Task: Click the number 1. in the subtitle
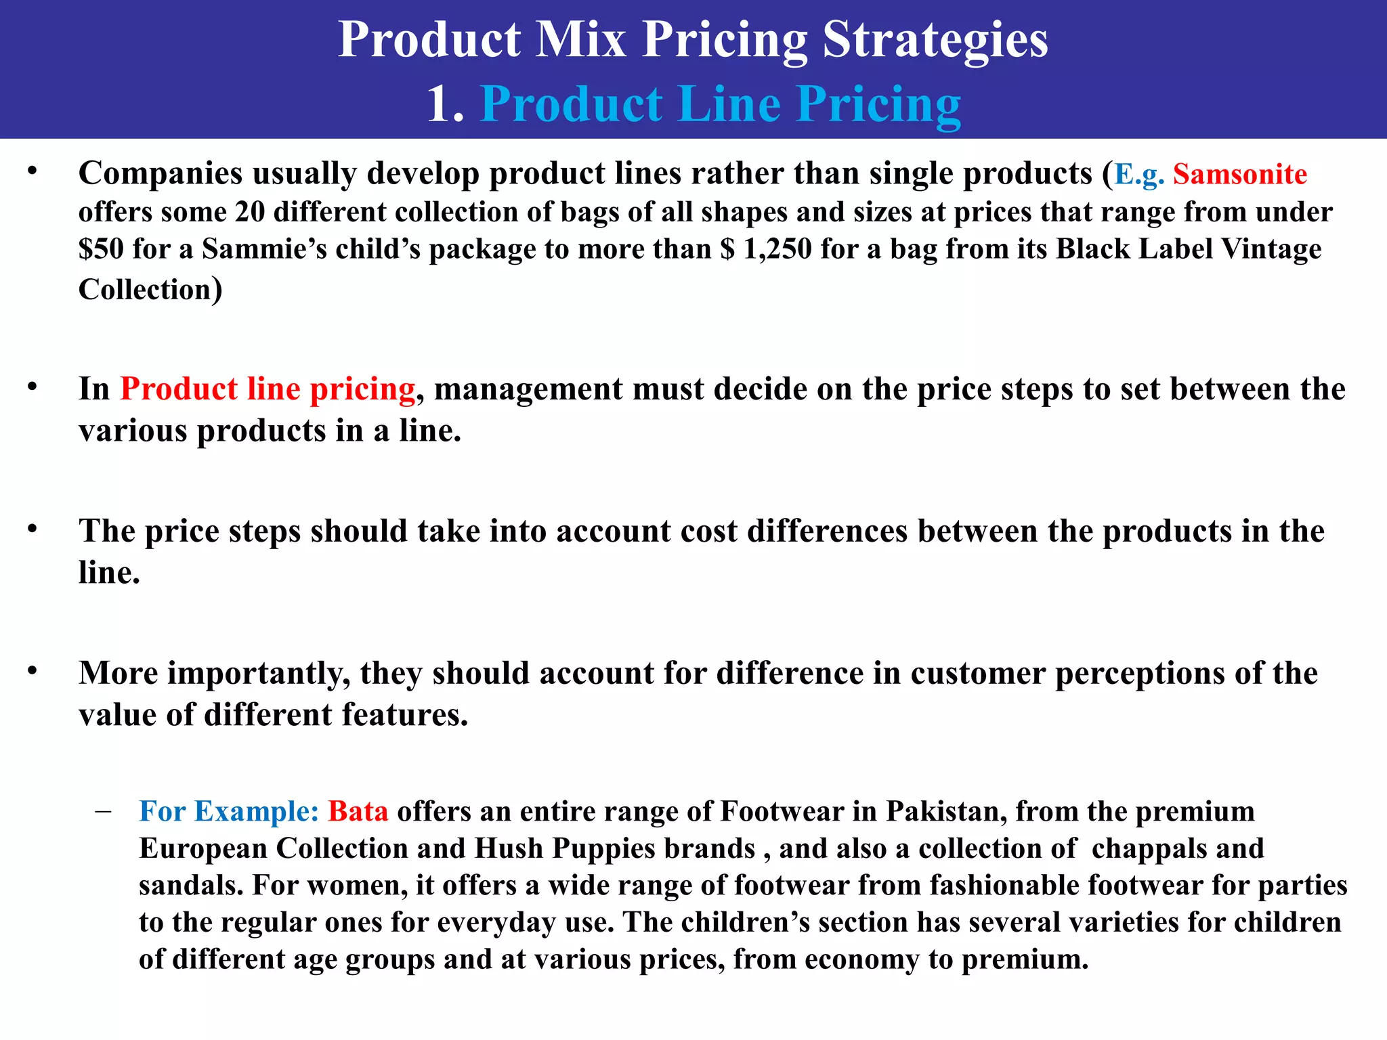pos(445,105)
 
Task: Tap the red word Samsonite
pos(1239,175)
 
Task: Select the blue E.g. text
pos(1139,175)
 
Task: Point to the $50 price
pos(101,249)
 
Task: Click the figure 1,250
pos(777,249)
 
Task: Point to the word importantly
pos(259,674)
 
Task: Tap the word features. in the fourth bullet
pos(404,715)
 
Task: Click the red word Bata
pos(358,812)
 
